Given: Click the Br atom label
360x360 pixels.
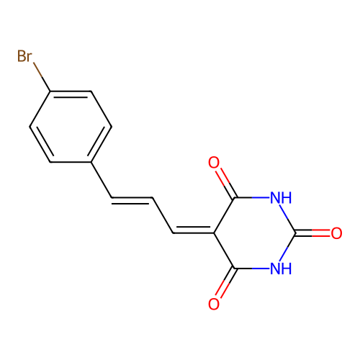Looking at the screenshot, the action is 24,56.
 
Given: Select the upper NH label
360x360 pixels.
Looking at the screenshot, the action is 281,197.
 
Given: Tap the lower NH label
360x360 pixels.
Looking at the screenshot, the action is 281,269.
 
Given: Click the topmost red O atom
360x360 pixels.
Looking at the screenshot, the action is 214,163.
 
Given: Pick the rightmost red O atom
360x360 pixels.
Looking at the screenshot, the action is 336,233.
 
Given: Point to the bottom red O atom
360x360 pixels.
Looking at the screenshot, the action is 214,304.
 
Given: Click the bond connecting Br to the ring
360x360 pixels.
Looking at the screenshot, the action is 42,77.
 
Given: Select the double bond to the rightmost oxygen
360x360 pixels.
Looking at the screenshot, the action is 312,233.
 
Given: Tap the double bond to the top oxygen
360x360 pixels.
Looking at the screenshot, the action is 226,184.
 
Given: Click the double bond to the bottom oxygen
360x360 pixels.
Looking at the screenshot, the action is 226,283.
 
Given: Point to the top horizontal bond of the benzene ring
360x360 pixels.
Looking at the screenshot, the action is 71,93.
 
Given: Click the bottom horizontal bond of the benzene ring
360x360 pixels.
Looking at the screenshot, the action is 71,162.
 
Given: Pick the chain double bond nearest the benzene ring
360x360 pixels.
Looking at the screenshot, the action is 132,199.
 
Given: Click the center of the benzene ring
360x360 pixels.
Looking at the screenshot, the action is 71,127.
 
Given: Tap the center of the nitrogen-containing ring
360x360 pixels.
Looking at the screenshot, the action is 254,233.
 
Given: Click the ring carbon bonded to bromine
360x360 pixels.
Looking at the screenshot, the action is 50,91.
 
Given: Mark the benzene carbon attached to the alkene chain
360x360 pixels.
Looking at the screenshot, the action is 91,162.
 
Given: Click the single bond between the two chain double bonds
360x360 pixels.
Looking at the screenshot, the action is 163,215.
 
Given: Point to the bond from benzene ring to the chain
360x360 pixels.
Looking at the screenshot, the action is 102,180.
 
